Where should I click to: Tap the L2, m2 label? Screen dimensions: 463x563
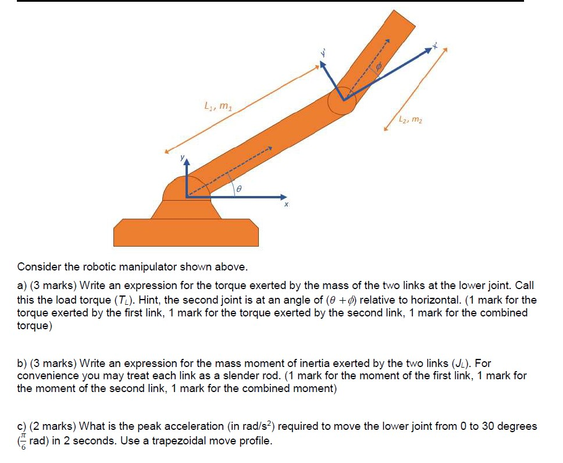coord(411,120)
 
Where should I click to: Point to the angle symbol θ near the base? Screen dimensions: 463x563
coord(238,189)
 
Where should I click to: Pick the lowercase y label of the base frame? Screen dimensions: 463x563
coord(181,158)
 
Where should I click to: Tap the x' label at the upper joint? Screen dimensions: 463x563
coord(434,45)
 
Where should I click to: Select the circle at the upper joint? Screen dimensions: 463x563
coord(341,101)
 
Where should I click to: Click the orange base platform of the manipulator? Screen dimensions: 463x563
coord(186,232)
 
